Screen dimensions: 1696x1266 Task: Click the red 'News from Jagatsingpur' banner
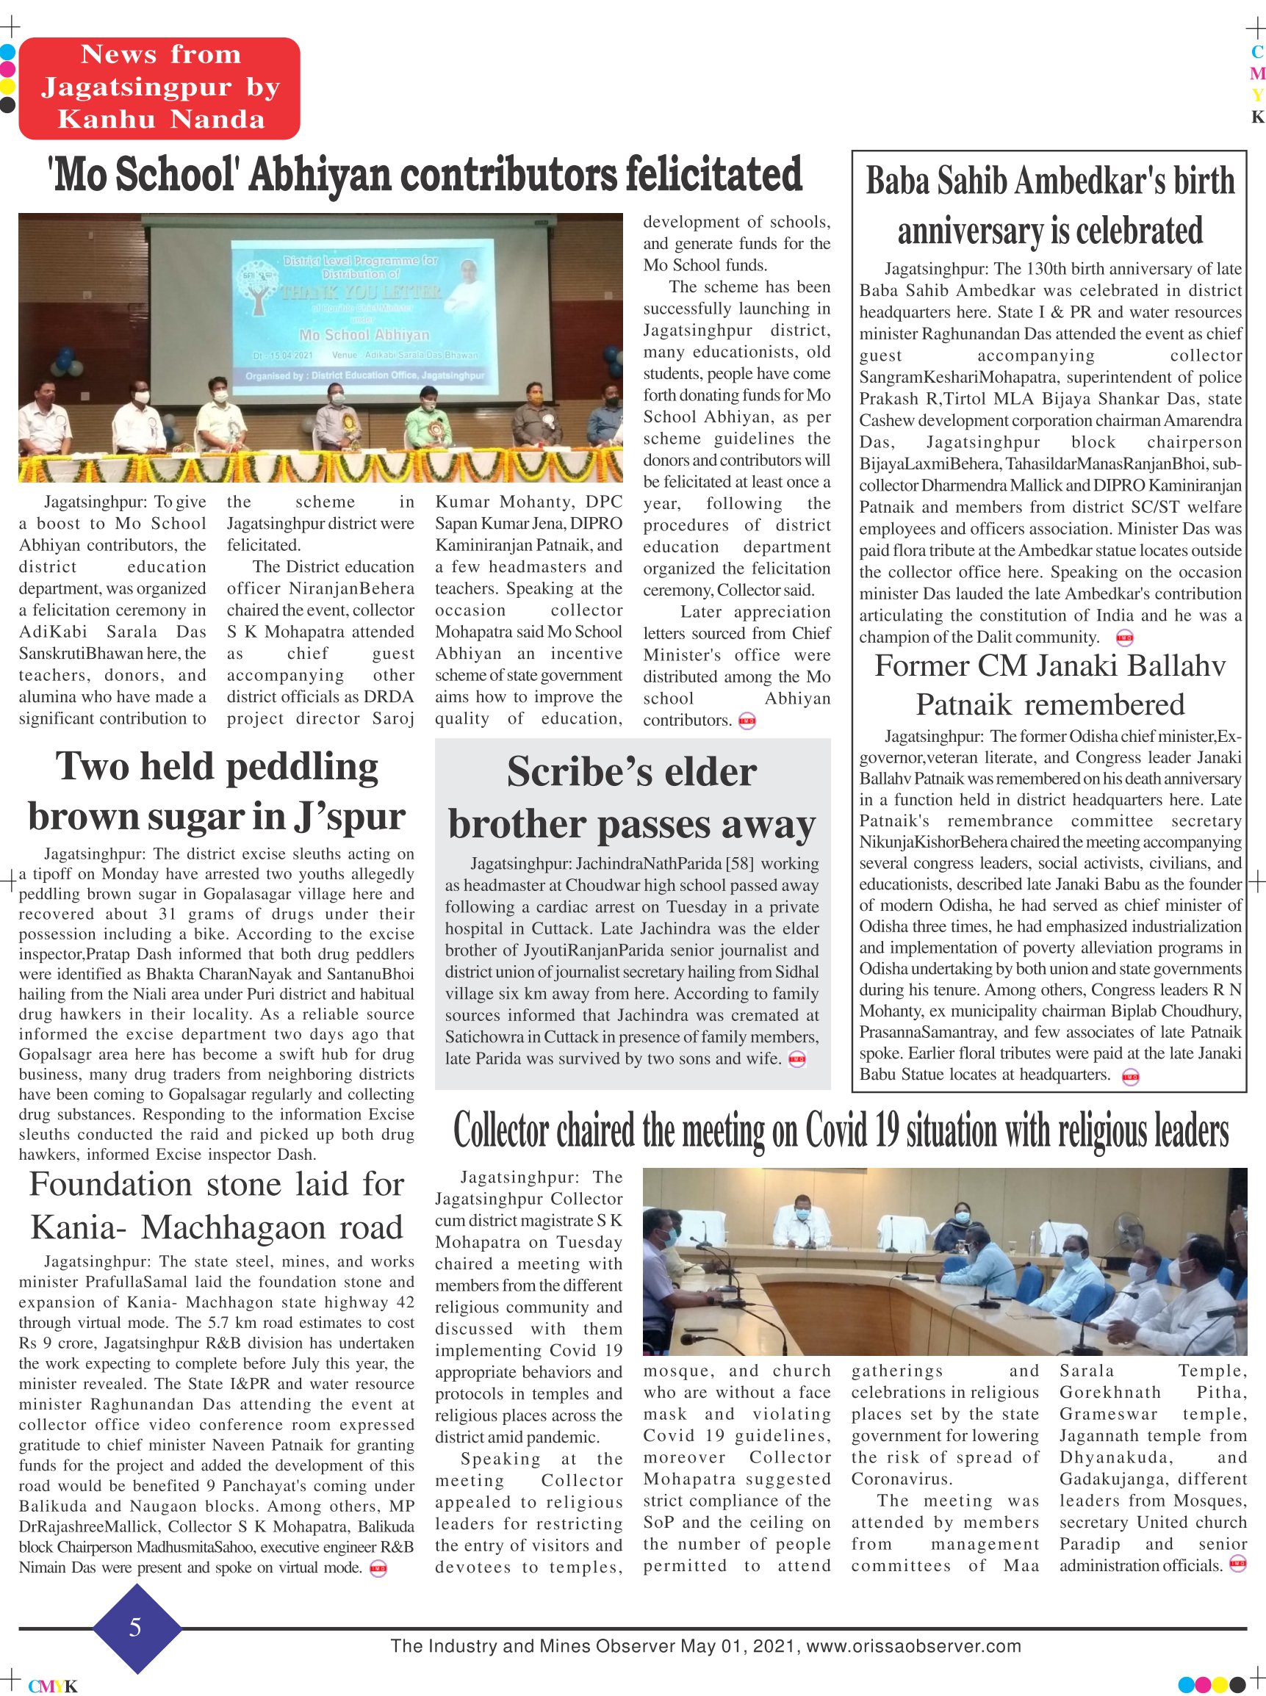[x=159, y=87]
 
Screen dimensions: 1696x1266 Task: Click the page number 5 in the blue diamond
[x=136, y=1627]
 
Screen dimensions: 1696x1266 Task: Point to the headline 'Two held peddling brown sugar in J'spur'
[x=217, y=790]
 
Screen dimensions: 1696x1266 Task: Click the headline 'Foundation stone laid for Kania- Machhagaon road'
[x=217, y=1206]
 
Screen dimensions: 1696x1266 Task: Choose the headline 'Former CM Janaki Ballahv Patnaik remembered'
[x=1050, y=685]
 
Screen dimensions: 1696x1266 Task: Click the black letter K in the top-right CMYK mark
[x=1256, y=118]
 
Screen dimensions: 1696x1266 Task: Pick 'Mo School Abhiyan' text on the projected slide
[x=364, y=335]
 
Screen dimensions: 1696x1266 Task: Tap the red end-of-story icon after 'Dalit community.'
[x=1125, y=638]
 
